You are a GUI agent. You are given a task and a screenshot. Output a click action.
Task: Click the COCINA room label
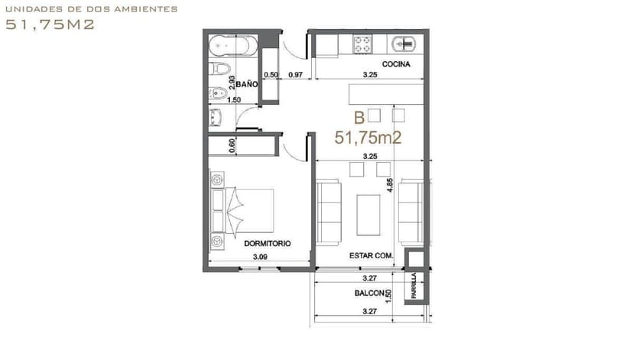(x=396, y=64)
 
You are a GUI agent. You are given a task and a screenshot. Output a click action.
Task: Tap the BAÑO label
(x=247, y=84)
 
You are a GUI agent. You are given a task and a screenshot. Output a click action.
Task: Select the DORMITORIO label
(x=268, y=243)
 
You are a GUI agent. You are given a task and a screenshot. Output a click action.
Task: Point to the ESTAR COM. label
(x=371, y=255)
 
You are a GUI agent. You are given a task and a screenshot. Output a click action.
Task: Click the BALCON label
(x=369, y=293)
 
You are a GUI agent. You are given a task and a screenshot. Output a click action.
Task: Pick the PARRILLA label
(x=414, y=285)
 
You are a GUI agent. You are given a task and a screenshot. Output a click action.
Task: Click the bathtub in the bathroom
(x=233, y=46)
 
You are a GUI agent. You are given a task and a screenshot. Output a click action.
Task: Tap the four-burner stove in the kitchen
(x=362, y=44)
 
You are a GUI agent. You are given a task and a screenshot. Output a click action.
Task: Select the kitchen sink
(x=404, y=44)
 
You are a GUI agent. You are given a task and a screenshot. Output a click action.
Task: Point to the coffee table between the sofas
(x=368, y=215)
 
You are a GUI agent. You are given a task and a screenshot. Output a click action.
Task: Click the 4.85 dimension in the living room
(x=390, y=185)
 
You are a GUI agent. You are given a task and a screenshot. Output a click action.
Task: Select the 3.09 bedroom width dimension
(x=260, y=257)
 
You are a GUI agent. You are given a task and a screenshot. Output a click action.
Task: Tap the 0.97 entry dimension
(x=296, y=75)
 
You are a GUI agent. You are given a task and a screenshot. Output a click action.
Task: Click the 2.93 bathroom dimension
(x=232, y=83)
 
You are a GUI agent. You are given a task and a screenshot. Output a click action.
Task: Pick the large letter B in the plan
(x=359, y=118)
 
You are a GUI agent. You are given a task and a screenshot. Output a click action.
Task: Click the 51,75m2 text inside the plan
(x=368, y=138)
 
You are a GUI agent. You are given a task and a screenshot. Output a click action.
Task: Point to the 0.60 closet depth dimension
(x=232, y=146)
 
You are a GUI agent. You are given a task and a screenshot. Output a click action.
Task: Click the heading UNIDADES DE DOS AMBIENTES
(x=92, y=9)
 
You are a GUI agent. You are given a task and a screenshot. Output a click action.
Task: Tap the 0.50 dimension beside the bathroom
(x=271, y=75)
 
